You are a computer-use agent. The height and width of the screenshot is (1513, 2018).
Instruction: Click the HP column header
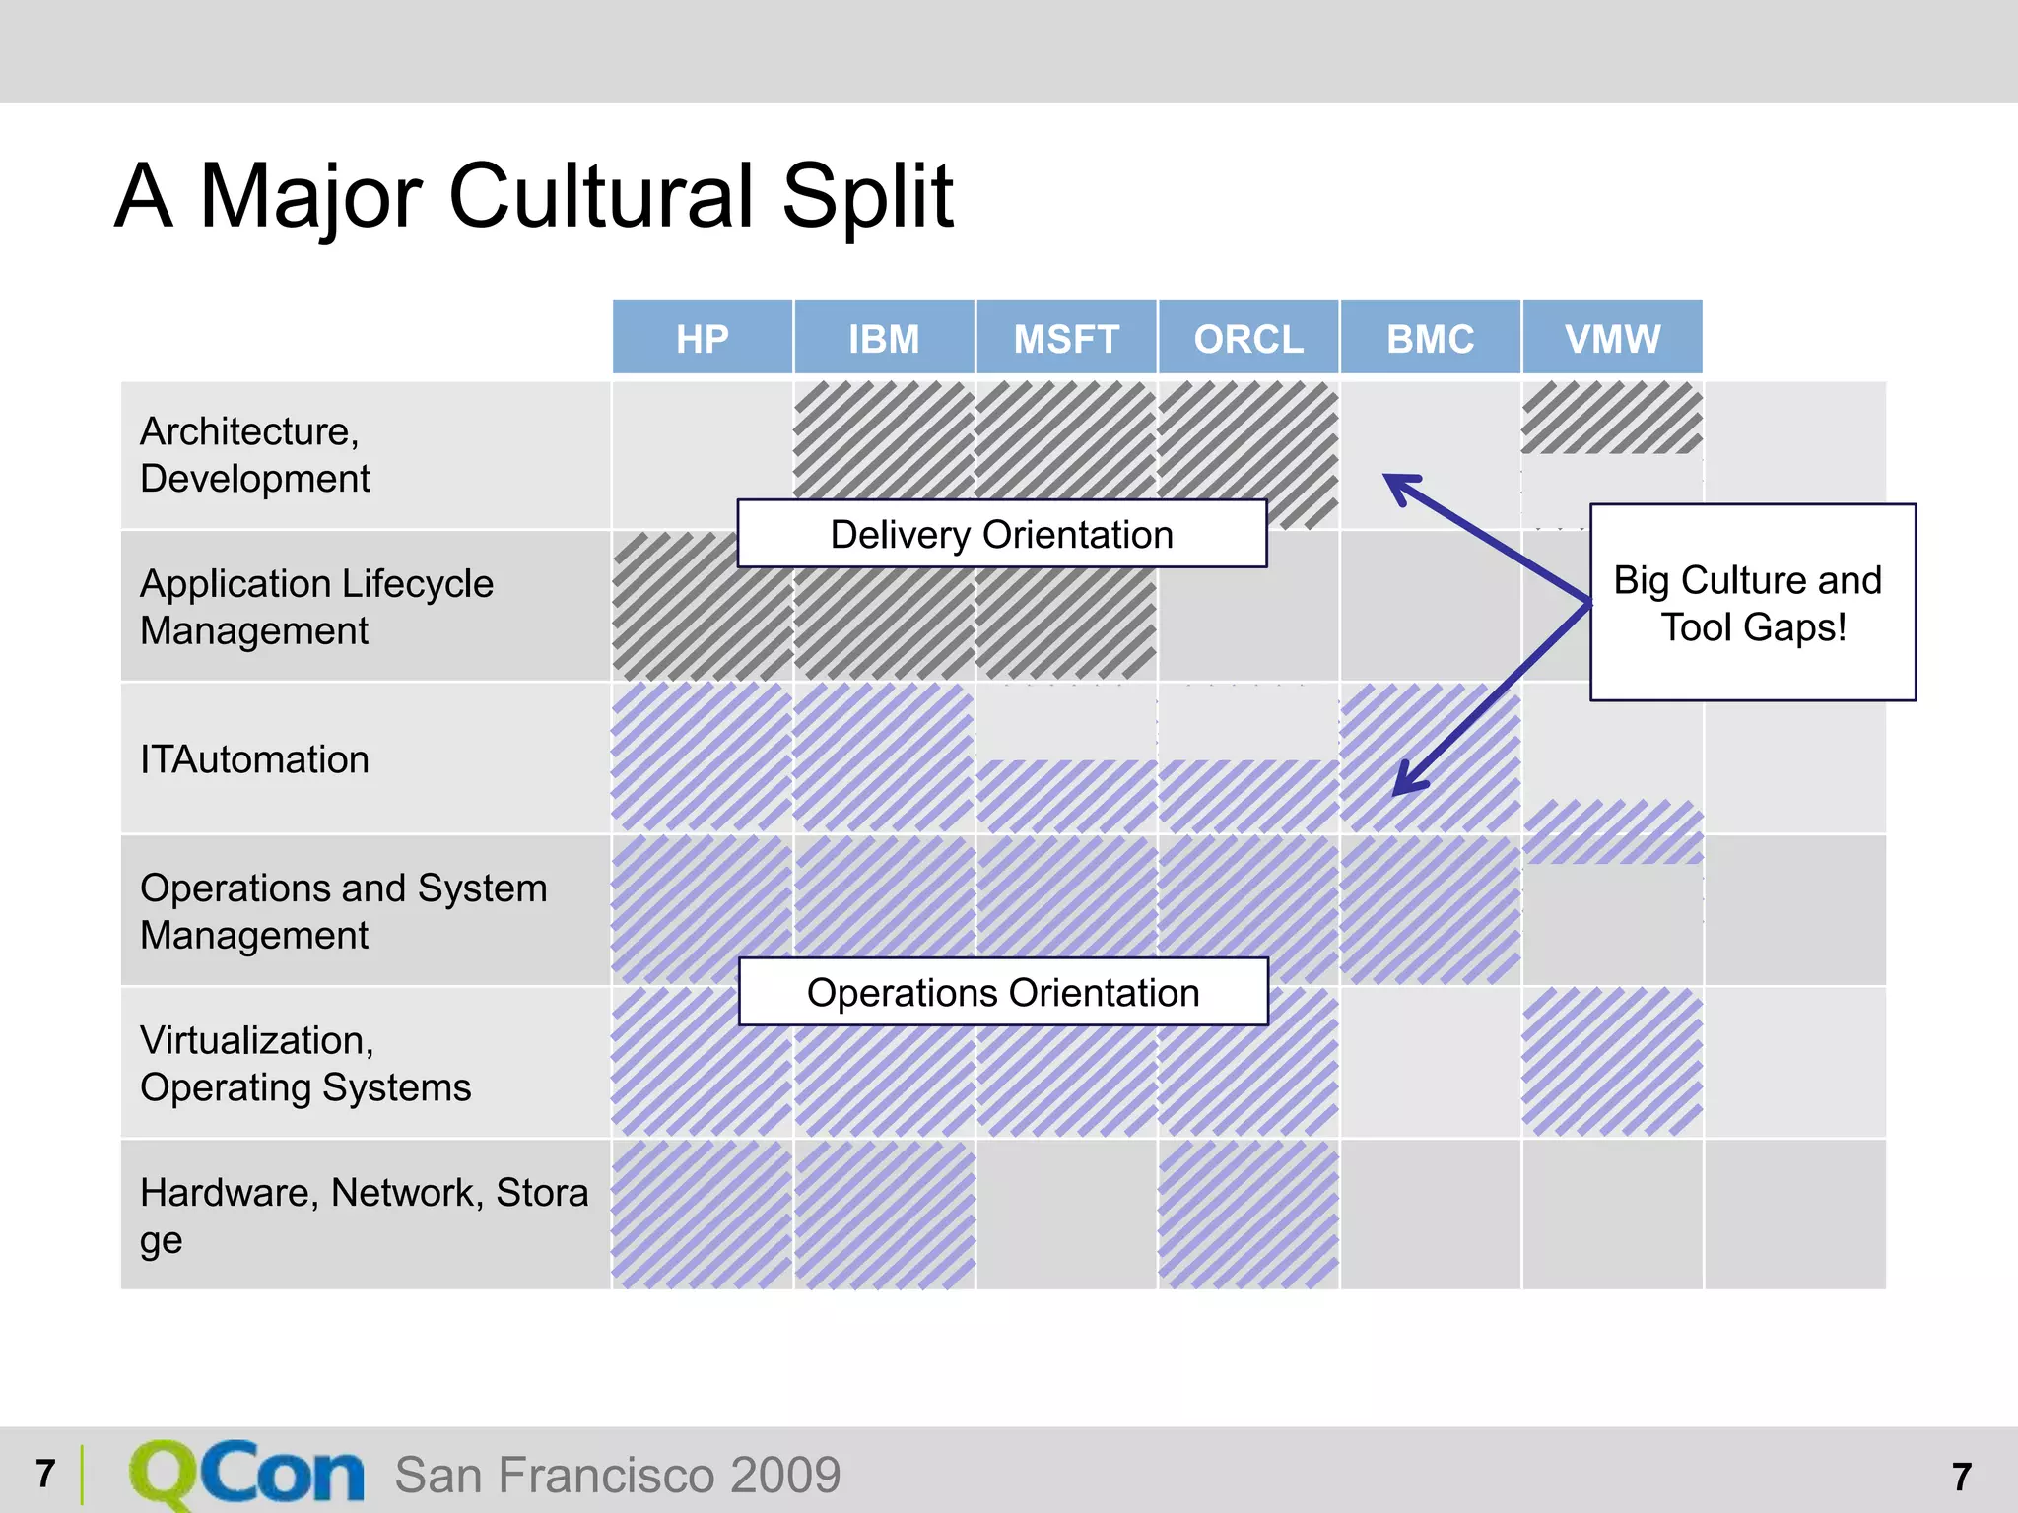coord(702,338)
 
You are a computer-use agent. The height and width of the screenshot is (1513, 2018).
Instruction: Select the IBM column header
coord(884,338)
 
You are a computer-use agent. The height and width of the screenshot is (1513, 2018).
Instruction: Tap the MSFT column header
coord(1066,338)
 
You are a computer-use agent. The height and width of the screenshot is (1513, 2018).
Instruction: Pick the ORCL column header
coord(1248,338)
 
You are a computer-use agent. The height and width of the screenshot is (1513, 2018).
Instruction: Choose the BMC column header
coord(1430,338)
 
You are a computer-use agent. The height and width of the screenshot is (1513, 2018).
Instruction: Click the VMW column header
coord(1612,338)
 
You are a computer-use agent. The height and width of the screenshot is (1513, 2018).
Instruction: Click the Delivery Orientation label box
coord(1001,534)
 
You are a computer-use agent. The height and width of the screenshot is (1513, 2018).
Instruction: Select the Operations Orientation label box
coord(1002,992)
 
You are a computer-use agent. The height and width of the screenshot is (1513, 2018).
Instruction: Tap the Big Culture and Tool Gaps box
coord(1752,603)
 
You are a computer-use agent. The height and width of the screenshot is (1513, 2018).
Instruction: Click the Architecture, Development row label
coord(254,455)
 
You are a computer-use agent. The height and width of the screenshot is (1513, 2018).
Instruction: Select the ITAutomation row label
coord(254,759)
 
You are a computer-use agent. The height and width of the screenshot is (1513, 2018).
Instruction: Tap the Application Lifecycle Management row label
coord(315,607)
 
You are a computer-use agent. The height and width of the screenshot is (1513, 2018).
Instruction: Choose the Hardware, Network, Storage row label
coord(363,1215)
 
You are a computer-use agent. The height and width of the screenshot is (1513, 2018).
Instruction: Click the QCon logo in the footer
coord(246,1474)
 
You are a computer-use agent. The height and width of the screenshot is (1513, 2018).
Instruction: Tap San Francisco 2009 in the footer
coord(618,1475)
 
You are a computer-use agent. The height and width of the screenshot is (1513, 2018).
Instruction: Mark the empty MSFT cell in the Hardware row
coord(1066,1215)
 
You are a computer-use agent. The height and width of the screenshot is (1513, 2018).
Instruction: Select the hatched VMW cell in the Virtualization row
coord(1612,1062)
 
